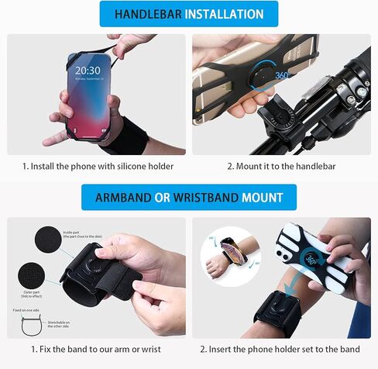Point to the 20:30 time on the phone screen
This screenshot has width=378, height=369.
(x=87, y=71)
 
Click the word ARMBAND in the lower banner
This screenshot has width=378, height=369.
(x=122, y=198)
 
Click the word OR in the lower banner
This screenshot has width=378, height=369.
(x=162, y=198)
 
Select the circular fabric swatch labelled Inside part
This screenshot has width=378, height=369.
(x=49, y=240)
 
